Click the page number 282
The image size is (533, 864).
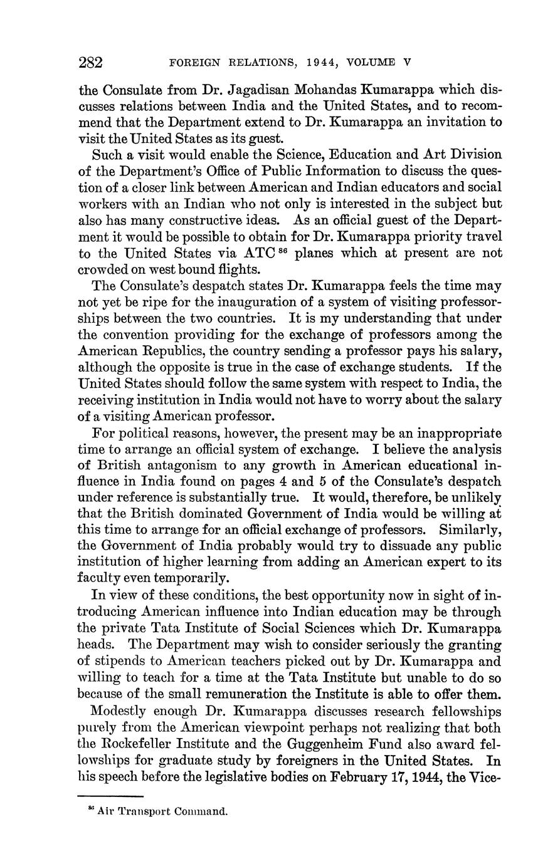tap(90, 62)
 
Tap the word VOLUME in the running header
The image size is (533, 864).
tap(371, 63)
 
